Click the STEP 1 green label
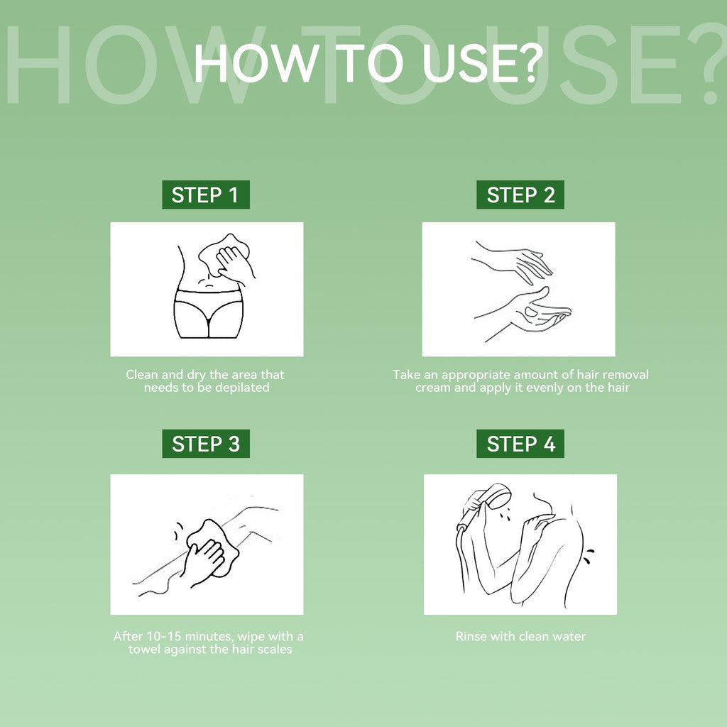click(x=206, y=195)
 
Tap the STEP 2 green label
click(x=520, y=195)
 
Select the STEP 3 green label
click(x=206, y=444)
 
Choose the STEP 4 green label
click(x=520, y=444)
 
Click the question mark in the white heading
click(x=530, y=62)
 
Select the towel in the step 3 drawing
click(x=213, y=547)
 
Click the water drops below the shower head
click(x=508, y=515)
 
